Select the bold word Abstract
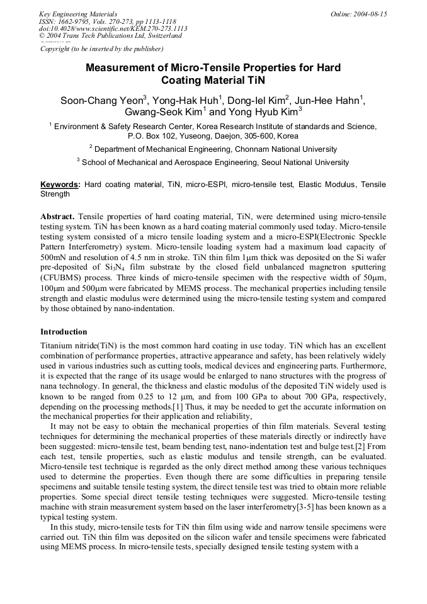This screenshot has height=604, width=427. coord(57,216)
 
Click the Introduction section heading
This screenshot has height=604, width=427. coord(64,332)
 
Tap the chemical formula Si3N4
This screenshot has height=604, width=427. coord(115,267)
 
